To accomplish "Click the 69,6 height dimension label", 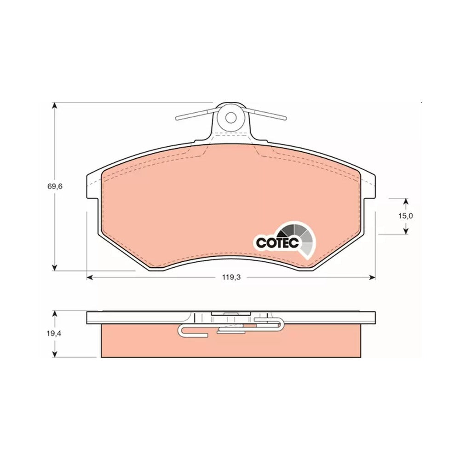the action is pos(55,186).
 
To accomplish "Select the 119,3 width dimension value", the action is pos(231,277).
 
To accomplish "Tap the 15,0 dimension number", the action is pos(406,216).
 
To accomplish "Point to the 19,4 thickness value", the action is pos(54,333).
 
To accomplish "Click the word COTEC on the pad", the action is pos(277,242).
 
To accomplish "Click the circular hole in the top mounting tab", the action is pos(230,118).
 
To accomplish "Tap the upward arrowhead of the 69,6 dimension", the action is pos(54,106).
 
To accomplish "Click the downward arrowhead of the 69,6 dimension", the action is pos(54,268).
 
